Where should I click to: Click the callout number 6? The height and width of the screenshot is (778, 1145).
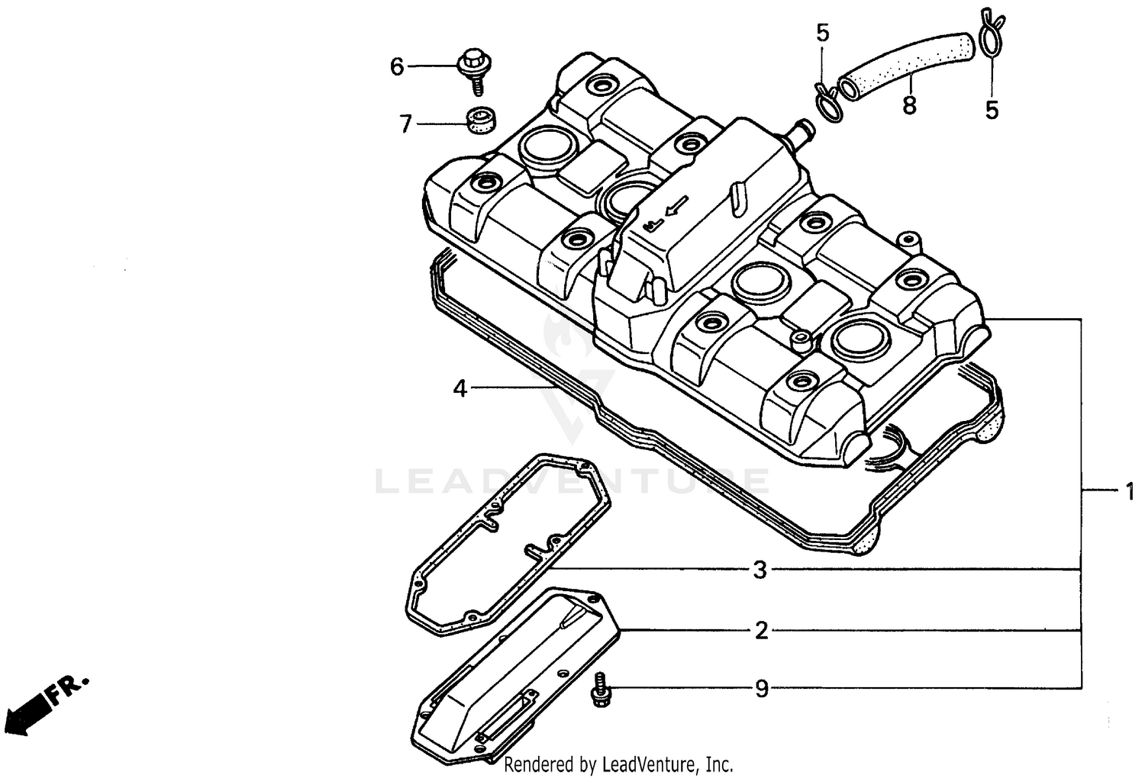point(396,67)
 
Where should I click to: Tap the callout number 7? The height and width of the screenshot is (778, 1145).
point(405,123)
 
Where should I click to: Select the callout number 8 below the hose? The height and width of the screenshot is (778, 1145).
point(908,106)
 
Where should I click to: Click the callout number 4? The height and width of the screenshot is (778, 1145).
point(460,389)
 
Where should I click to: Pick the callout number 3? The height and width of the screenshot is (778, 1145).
point(760,570)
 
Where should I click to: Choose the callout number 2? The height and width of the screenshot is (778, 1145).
point(761,631)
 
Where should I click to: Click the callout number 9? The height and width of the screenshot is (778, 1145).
point(762,689)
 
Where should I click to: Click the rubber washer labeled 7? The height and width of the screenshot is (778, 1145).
point(479,121)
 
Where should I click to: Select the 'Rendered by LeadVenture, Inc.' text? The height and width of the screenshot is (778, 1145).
point(618,764)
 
